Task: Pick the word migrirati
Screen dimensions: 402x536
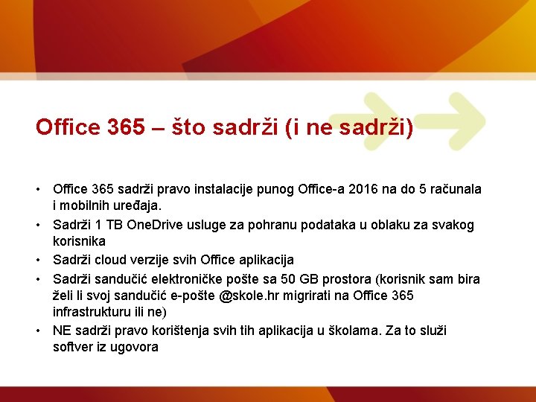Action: click(313, 296)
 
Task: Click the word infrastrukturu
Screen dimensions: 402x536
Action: click(92, 312)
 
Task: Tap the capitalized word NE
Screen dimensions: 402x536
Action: click(62, 330)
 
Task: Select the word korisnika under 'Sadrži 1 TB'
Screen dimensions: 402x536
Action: click(79, 241)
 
